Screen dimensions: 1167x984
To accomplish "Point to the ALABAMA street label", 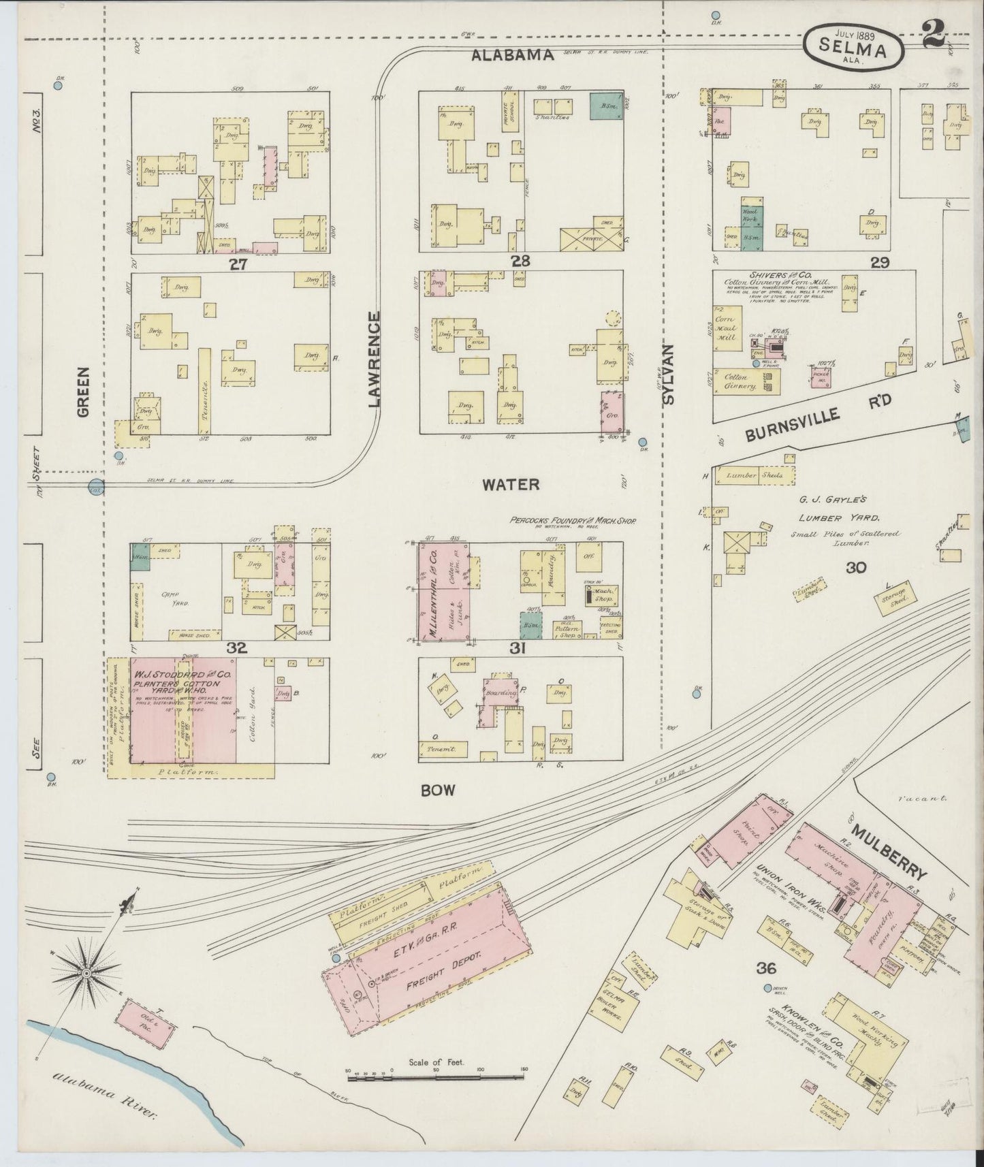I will pos(513,56).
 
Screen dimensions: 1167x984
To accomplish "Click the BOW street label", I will pos(437,790).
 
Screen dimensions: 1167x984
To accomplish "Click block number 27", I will pos(238,264).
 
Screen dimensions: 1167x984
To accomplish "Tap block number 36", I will pos(765,968).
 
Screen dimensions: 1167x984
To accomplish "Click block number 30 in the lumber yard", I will pos(855,566).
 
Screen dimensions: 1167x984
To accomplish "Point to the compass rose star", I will pos(86,974).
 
